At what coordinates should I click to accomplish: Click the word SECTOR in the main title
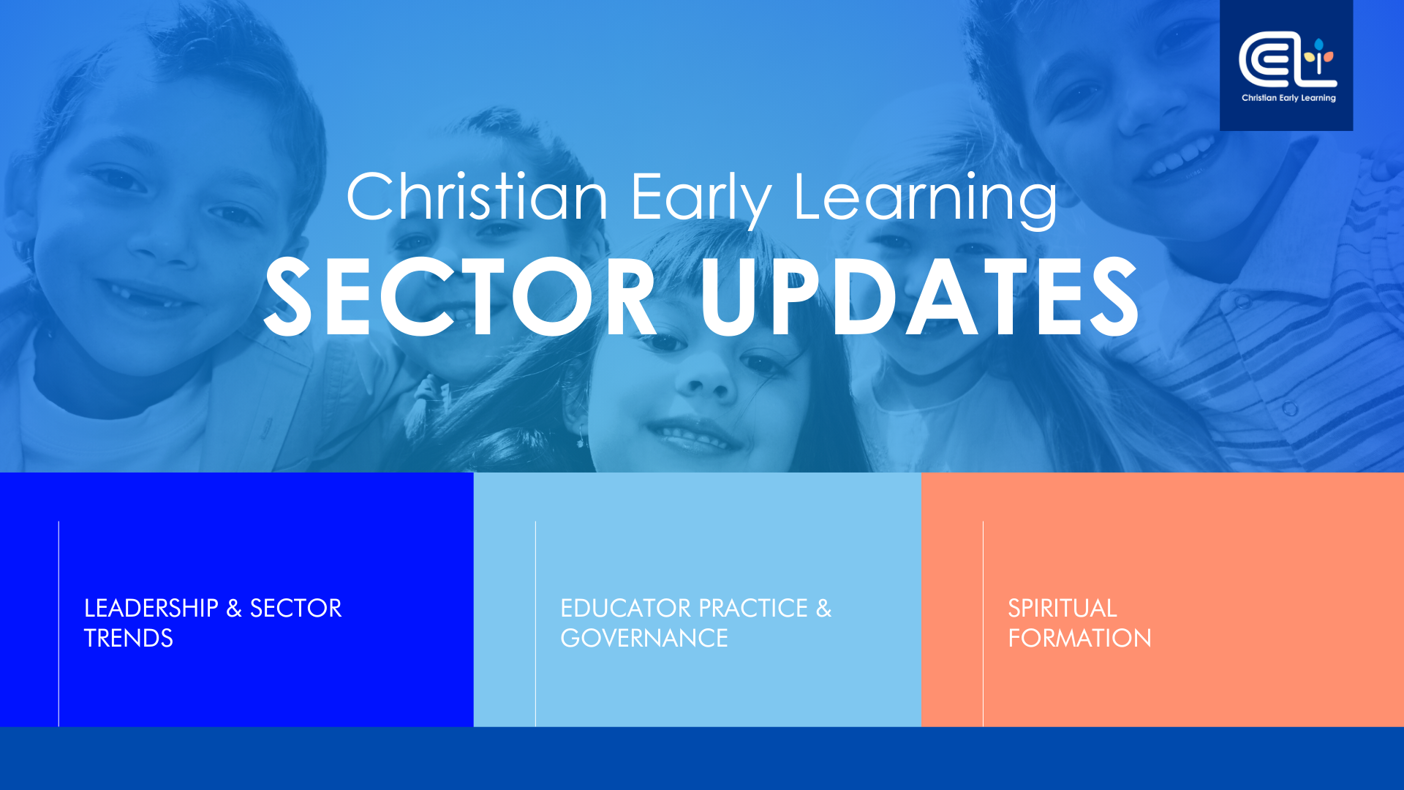click(461, 297)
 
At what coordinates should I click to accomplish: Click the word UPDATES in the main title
click(920, 297)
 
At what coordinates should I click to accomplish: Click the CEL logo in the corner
click(1288, 59)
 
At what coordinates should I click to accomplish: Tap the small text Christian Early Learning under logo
click(1288, 98)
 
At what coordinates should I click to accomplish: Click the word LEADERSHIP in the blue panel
click(151, 608)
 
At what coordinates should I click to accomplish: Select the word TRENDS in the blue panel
click(129, 638)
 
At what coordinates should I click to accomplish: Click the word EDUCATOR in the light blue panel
click(625, 608)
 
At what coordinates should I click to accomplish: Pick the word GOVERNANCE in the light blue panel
click(644, 638)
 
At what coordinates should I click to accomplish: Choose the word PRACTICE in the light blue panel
click(753, 608)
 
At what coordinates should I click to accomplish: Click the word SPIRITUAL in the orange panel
click(1063, 608)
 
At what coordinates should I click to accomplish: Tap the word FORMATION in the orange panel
click(1080, 638)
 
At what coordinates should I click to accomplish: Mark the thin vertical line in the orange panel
click(983, 624)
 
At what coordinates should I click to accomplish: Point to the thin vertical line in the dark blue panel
click(58, 624)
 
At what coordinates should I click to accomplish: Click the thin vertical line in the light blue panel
click(535, 624)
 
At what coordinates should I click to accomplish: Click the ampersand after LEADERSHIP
click(234, 608)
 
